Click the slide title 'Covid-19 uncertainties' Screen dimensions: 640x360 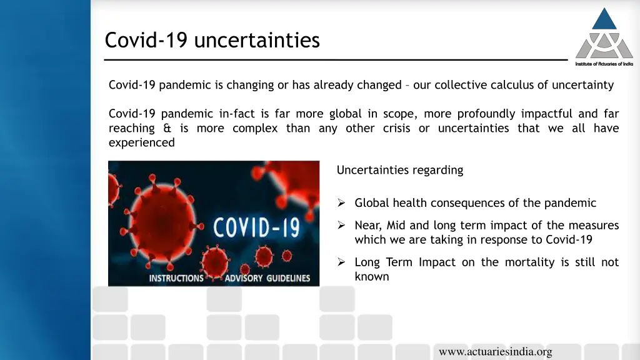coord(212,40)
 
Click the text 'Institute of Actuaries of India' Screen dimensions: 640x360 coord(604,64)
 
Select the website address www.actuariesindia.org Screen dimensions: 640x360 coord(496,351)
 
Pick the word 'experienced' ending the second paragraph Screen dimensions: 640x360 coord(142,142)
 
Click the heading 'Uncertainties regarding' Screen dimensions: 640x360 coord(400,170)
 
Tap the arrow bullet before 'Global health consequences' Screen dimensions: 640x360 coord(341,202)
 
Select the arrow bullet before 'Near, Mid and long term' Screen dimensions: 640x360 coord(341,225)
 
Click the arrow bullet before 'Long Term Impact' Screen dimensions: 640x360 coord(341,262)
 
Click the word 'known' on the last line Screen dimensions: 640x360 coord(372,276)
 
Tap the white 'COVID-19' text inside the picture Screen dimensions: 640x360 coord(257,227)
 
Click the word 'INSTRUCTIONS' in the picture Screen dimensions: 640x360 coord(176,278)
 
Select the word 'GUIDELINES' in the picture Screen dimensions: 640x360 coord(289,278)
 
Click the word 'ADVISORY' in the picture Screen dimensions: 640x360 coord(244,278)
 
